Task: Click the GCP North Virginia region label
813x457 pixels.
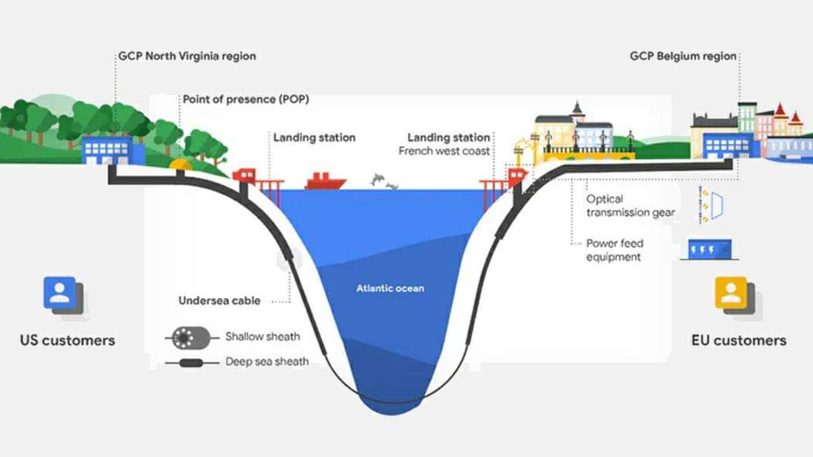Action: (x=186, y=57)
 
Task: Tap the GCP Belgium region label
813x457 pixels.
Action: (x=683, y=57)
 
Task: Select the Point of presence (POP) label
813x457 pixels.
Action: (x=240, y=99)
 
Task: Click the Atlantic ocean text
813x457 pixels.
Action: (x=390, y=289)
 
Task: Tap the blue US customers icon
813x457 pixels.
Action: (x=60, y=294)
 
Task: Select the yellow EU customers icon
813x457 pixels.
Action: (x=732, y=294)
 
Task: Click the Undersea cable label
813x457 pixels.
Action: (x=219, y=301)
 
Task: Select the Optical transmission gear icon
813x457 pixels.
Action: (x=712, y=205)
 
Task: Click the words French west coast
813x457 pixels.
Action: (x=444, y=151)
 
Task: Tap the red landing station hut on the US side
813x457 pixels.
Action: (x=245, y=176)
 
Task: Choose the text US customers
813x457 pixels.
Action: (x=67, y=340)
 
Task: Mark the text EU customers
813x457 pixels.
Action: (x=739, y=340)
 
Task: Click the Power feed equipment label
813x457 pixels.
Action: (x=614, y=250)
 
